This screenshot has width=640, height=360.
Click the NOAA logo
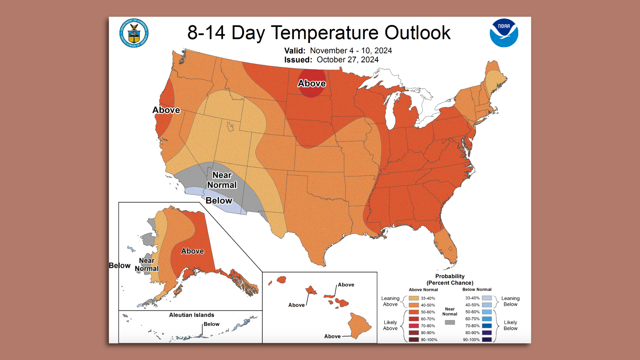coord(504,33)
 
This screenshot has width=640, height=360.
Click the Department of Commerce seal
coord(134,33)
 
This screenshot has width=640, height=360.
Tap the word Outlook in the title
coord(417,33)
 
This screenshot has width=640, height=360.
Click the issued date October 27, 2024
coord(347,60)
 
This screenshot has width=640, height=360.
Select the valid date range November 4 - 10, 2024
coord(351,51)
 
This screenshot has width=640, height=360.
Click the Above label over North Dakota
coord(312,83)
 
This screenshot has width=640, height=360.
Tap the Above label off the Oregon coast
coord(166,110)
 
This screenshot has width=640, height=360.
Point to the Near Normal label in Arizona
coord(222,180)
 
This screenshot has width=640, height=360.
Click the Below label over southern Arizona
coord(219,200)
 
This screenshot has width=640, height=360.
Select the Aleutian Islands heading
coord(191,315)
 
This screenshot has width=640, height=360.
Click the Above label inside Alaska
coord(192,251)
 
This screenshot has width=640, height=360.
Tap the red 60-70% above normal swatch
coord(414,319)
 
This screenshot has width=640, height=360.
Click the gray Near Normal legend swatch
coord(450,322)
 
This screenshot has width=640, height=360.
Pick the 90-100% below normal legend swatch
coord(487,340)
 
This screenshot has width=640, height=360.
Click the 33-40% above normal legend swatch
coord(414,298)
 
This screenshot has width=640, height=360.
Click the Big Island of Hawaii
coord(359,325)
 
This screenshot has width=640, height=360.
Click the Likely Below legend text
coord(510,325)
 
